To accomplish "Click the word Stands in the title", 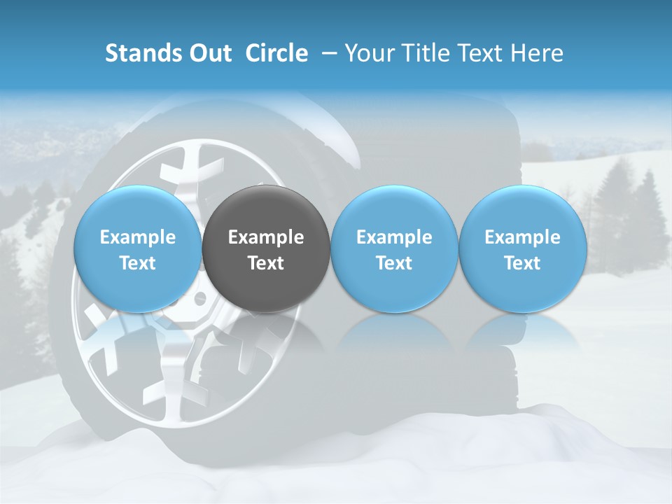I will click(x=138, y=53).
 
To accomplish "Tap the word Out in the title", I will click(x=209, y=53).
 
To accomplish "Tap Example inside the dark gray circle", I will click(x=266, y=237).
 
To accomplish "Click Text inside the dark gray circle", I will click(x=266, y=263).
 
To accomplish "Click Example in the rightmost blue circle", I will click(x=522, y=237).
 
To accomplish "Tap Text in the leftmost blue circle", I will click(x=138, y=263).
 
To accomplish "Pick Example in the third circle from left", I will click(x=394, y=237).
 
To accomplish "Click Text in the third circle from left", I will click(x=394, y=263).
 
